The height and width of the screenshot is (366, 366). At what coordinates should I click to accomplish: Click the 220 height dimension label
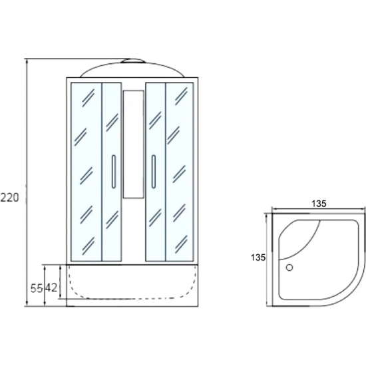(x=9, y=198)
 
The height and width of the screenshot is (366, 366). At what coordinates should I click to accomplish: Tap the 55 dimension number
(x=37, y=289)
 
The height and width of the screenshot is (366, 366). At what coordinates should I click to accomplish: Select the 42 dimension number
(x=51, y=288)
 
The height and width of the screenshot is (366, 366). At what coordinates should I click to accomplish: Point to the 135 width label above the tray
(x=319, y=204)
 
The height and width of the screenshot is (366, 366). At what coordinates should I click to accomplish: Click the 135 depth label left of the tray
(x=258, y=258)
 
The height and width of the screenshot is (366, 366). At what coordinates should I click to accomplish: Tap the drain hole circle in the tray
(x=289, y=268)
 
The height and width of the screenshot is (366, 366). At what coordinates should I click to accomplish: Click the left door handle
(x=113, y=171)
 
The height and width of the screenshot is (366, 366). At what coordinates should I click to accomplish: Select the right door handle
(x=153, y=171)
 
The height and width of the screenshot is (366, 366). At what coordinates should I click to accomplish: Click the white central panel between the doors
(x=133, y=144)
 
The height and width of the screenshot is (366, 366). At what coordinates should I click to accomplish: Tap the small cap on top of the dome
(x=133, y=61)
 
